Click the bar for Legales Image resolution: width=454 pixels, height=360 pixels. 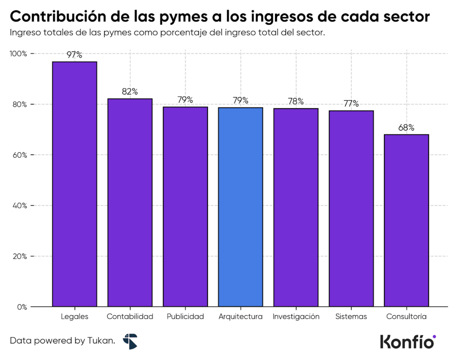(x=74, y=184)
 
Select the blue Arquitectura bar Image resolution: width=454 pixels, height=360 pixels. (x=240, y=207)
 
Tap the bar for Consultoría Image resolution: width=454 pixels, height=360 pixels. (x=406, y=220)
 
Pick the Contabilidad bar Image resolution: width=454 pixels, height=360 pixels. (x=130, y=202)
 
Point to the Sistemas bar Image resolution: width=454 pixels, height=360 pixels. (x=351, y=208)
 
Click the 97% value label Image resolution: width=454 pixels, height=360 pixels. (x=74, y=55)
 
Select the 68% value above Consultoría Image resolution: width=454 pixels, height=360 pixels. (x=406, y=128)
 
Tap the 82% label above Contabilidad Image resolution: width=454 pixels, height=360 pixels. (x=130, y=92)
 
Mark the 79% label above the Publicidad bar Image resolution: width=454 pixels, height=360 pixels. (x=185, y=100)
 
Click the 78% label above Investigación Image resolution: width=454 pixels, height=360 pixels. (x=296, y=102)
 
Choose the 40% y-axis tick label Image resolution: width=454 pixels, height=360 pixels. (x=20, y=206)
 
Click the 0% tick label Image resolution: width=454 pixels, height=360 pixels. (x=22, y=307)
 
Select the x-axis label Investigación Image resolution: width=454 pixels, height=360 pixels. (x=296, y=317)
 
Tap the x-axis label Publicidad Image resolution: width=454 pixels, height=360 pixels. (x=185, y=317)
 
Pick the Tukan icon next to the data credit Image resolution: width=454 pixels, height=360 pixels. (x=130, y=341)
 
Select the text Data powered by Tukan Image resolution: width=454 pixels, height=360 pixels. (x=63, y=341)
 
